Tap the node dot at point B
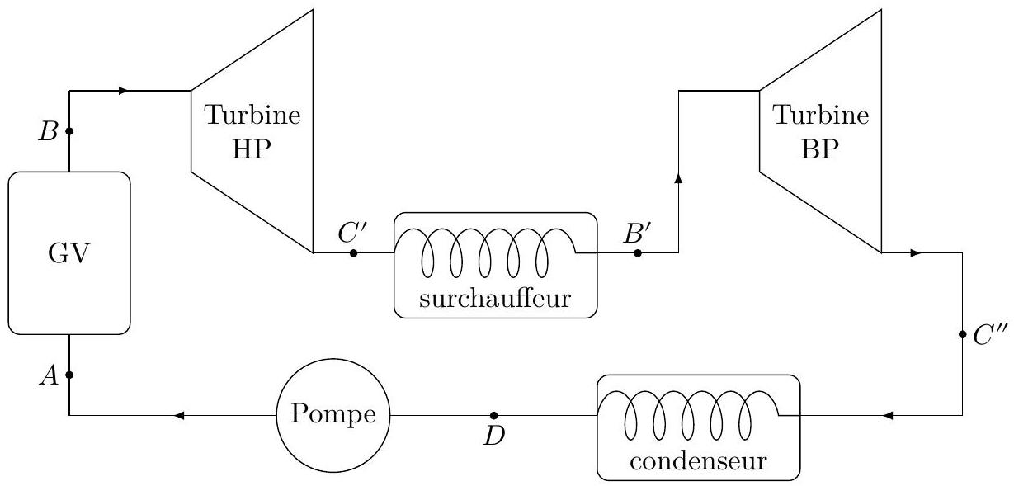69,131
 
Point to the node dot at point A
69,375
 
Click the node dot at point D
494,415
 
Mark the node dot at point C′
354,253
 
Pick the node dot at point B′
638,253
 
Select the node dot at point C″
962,334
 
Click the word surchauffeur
495,299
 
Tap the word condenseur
698,461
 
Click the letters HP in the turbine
252,149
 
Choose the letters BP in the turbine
820,149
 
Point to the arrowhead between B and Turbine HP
123,91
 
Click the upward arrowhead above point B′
678,178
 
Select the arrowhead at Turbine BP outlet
916,253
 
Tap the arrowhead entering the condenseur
888,415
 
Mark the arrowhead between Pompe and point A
179,415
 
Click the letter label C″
989,335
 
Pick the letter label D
494,436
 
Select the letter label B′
638,234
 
